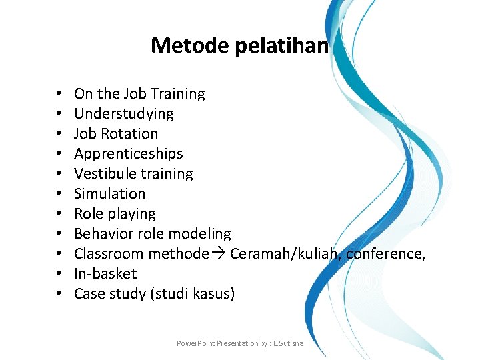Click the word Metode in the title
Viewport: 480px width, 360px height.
pyautogui.click(x=183, y=45)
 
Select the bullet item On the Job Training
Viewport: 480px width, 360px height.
pyautogui.click(x=139, y=94)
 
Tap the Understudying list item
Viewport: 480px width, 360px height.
pyautogui.click(x=123, y=114)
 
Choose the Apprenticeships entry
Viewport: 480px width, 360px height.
pyautogui.click(x=128, y=154)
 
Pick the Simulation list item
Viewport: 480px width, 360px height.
pyautogui.click(x=109, y=194)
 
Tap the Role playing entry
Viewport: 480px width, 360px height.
pyautogui.click(x=115, y=214)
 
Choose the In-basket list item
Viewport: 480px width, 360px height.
pyautogui.click(x=105, y=274)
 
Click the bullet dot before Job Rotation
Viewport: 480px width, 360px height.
pyautogui.click(x=59, y=134)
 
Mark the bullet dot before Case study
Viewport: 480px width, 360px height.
pyautogui.click(x=59, y=294)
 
